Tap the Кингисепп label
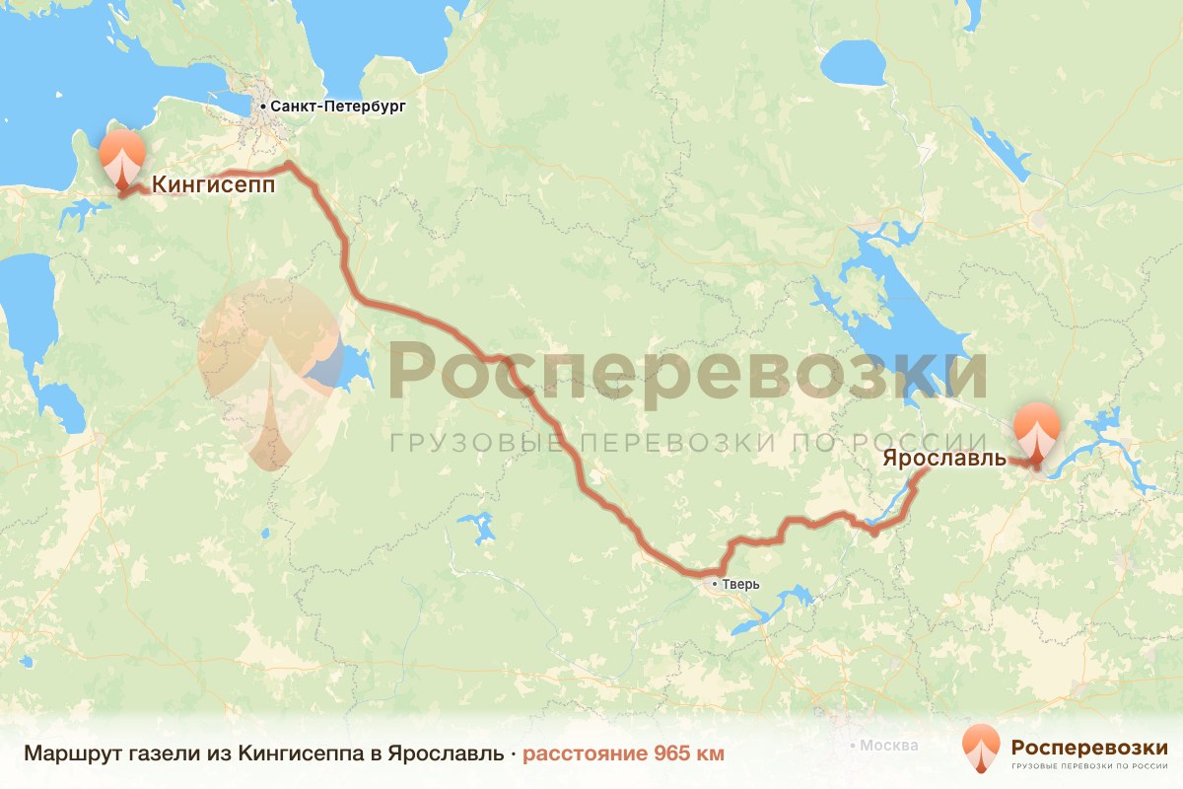tap(213, 184)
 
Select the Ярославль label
tap(944, 459)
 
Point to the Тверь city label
tap(741, 584)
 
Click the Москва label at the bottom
tap(888, 746)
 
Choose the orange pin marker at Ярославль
tap(1036, 432)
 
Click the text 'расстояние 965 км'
tap(623, 753)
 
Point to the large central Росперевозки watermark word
tap(687, 371)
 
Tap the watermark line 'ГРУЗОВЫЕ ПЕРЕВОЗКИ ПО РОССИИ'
tap(687, 442)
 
